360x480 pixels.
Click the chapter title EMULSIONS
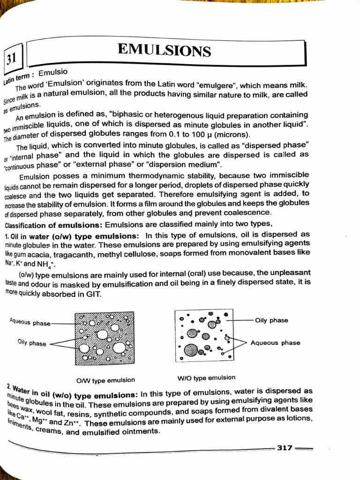[164, 50]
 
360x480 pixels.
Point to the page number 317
[285, 448]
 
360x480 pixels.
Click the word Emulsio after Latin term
[53, 73]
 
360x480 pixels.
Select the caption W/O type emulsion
[206, 378]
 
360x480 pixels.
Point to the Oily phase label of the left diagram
[32, 343]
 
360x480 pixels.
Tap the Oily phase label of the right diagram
[271, 321]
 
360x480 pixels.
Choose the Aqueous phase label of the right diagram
[275, 343]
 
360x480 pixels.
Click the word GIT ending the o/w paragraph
[92, 294]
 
